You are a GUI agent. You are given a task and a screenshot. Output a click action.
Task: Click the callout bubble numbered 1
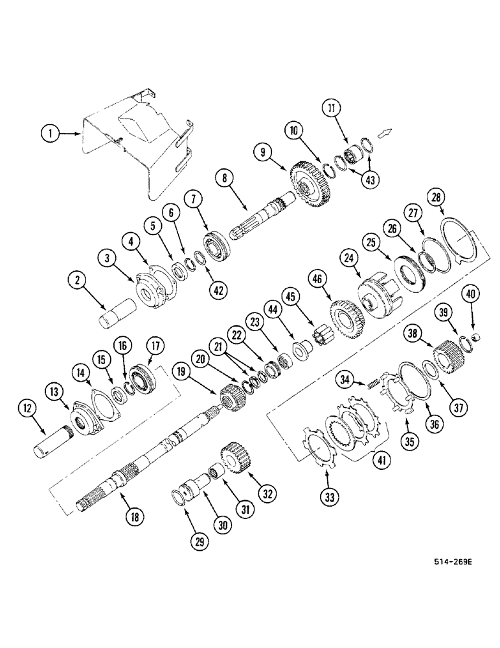(x=49, y=134)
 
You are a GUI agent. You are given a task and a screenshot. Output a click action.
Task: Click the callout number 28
(x=435, y=196)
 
